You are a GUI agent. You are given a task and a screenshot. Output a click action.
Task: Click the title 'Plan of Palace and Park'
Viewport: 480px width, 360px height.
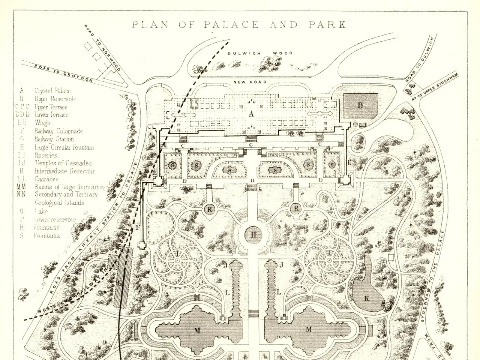click(x=239, y=25)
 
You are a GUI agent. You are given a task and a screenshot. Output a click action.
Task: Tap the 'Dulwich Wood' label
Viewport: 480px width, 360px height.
click(x=260, y=53)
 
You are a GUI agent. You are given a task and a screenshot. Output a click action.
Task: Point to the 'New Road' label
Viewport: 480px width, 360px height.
click(x=250, y=82)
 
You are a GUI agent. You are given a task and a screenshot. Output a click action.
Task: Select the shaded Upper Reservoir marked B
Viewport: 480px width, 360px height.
click(x=361, y=105)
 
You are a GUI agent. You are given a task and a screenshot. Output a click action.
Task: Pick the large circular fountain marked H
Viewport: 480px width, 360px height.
click(x=254, y=235)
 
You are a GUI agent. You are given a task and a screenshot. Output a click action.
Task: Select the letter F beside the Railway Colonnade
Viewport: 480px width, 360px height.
click(x=137, y=227)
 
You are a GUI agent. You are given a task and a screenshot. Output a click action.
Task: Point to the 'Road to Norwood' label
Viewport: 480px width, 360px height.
click(x=102, y=48)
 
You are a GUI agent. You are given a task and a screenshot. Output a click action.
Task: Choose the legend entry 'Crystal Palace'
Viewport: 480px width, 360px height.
click(x=52, y=91)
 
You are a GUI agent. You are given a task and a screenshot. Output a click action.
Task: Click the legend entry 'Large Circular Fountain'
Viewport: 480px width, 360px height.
click(x=64, y=147)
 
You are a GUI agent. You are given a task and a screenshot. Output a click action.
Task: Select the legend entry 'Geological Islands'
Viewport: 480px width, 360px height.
click(x=60, y=203)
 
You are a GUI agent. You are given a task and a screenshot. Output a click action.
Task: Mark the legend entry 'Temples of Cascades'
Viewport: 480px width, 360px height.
click(x=63, y=163)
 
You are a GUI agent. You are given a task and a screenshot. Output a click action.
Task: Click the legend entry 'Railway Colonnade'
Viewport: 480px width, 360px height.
click(x=58, y=131)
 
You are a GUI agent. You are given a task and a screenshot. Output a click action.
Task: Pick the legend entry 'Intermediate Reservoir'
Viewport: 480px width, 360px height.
click(x=64, y=171)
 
